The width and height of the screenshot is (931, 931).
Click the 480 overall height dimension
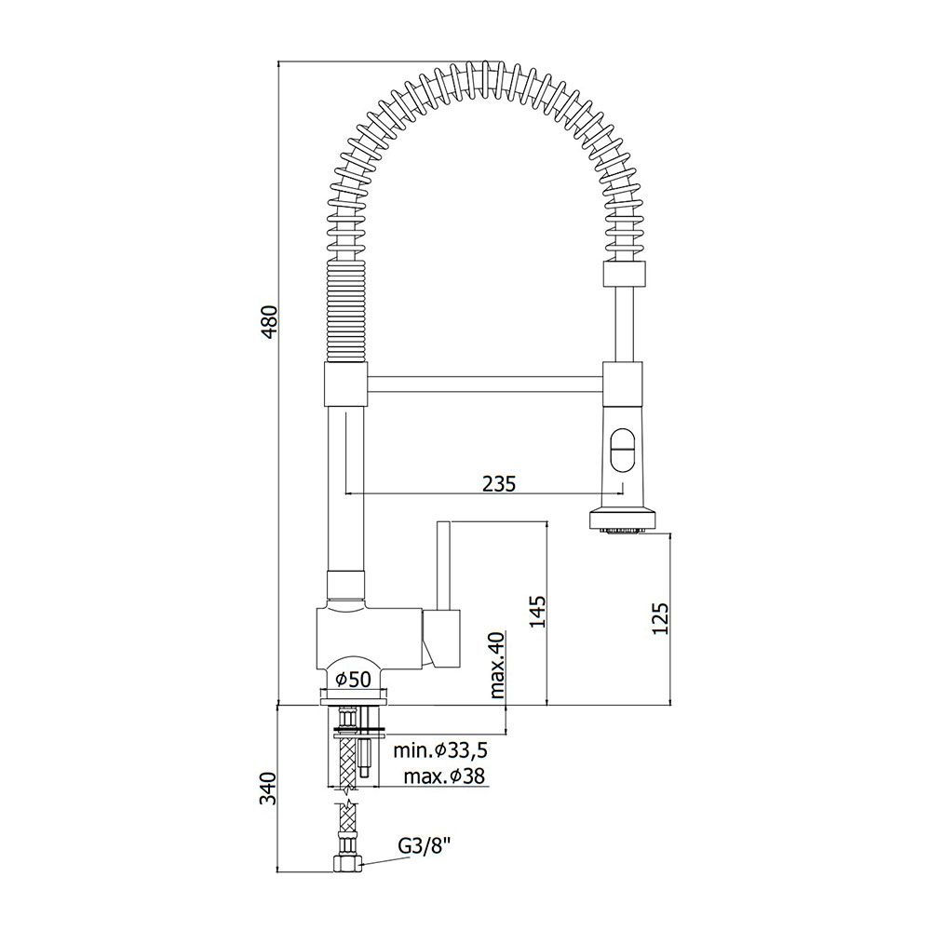point(270,322)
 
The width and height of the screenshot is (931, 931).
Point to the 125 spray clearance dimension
point(661,619)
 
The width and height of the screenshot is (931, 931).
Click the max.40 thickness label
point(497,665)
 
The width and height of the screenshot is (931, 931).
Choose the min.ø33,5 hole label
point(440,750)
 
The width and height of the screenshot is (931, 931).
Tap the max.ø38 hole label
point(445,776)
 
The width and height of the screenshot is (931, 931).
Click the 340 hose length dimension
point(270,789)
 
